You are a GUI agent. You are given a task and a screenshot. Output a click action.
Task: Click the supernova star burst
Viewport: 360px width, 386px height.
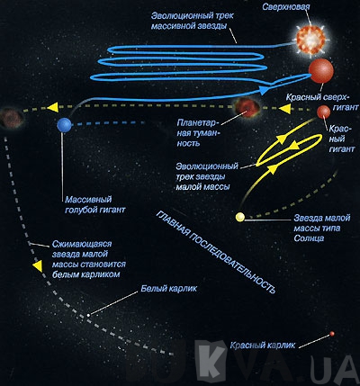click(310, 40)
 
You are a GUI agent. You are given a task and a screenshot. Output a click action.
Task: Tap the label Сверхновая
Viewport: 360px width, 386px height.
click(285, 6)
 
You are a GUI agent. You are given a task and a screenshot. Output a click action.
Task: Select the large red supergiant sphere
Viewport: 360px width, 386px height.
click(321, 71)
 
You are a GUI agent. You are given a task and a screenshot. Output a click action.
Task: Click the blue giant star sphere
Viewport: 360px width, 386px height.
click(64, 125)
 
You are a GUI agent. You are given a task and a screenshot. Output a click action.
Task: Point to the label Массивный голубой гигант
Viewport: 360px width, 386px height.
click(95, 204)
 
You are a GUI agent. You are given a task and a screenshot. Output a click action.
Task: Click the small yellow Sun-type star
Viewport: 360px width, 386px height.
click(240, 217)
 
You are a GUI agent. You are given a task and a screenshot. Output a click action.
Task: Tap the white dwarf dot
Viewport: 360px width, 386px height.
click(88, 315)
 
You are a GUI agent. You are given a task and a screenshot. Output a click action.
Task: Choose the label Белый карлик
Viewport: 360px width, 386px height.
click(169, 289)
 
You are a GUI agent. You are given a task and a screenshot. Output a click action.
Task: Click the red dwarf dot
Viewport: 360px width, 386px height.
click(332, 334)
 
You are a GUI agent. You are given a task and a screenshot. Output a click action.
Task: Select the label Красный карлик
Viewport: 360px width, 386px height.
click(263, 345)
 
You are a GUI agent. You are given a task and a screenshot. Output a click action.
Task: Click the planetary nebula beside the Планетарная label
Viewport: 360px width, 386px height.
click(247, 108)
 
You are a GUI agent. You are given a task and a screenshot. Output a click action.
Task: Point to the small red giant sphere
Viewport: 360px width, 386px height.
click(324, 112)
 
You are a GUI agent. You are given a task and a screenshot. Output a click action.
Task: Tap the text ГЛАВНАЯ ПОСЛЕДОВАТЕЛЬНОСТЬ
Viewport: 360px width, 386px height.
click(215, 252)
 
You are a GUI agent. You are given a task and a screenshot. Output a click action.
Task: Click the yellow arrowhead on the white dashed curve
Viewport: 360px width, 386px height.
click(38, 266)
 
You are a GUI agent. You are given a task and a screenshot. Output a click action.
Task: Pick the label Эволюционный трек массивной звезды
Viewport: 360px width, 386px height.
click(192, 21)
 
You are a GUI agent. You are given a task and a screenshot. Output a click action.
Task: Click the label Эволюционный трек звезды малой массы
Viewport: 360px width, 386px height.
click(207, 176)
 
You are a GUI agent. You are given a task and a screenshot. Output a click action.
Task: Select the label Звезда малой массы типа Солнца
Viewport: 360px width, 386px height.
click(322, 228)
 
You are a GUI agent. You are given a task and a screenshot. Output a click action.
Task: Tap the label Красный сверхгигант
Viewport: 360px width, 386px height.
click(322, 103)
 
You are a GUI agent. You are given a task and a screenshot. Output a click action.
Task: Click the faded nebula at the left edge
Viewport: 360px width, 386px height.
click(11, 118)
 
